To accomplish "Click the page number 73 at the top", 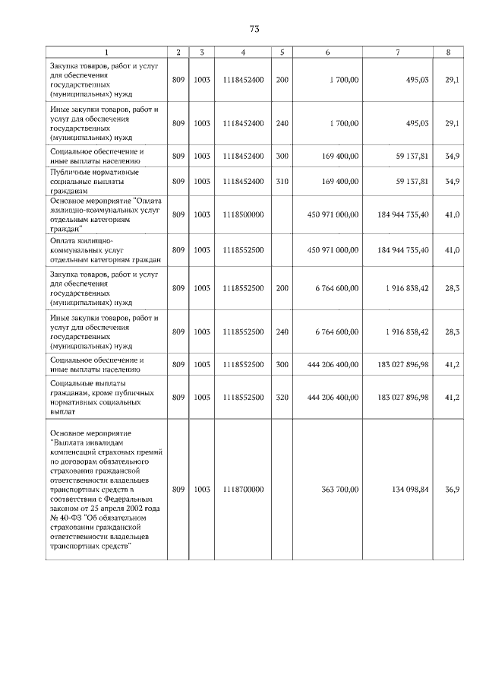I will (254, 29).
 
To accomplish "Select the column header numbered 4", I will (243, 52).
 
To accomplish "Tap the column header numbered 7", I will (397, 52).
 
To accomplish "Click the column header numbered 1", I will (106, 52).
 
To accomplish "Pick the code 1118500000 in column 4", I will (243, 214).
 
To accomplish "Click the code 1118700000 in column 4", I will (243, 490).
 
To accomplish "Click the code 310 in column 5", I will (282, 182).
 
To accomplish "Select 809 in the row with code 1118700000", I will (178, 490).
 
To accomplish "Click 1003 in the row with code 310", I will (202, 182).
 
